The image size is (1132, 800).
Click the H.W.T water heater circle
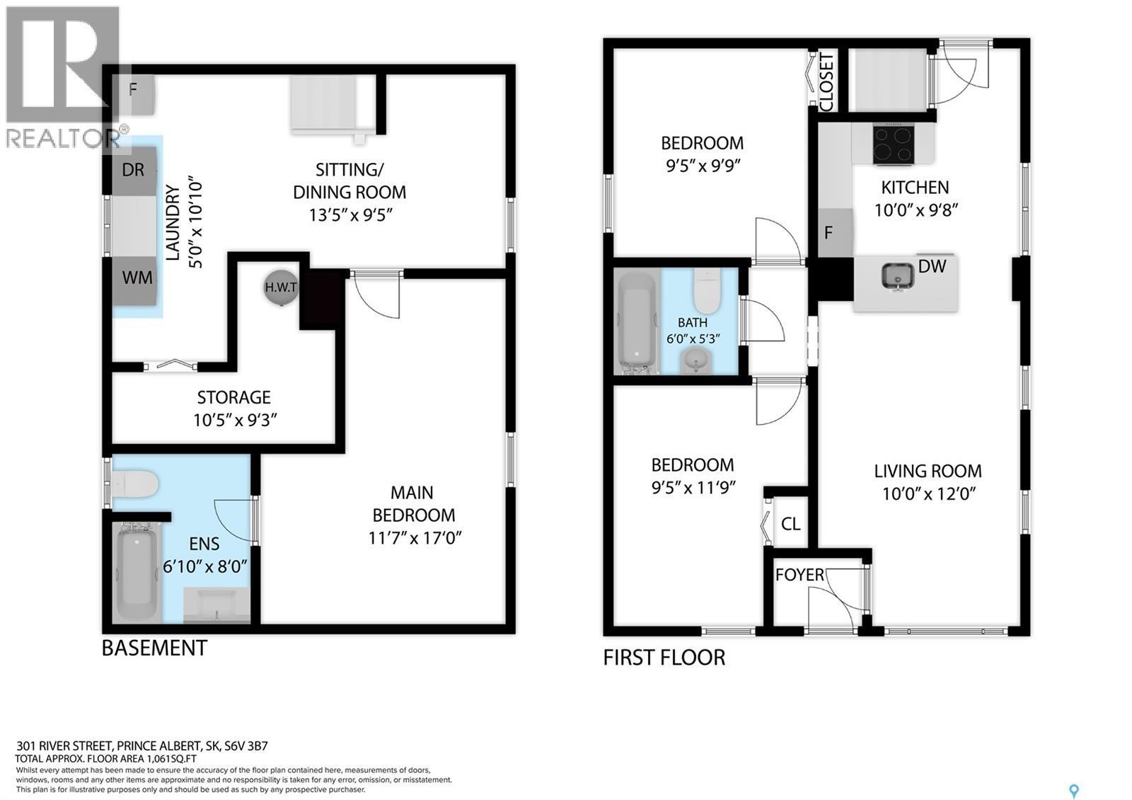coord(281,287)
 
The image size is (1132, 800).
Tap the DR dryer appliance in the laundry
coord(133,171)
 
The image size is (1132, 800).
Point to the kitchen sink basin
coord(897,276)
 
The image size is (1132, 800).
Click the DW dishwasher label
coord(932,266)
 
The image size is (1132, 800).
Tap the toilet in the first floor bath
coord(706,290)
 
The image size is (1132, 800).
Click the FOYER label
coord(799,574)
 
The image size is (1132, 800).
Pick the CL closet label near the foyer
coord(790,524)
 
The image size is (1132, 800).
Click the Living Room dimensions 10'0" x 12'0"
coord(928,493)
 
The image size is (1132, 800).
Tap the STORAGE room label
coord(233,397)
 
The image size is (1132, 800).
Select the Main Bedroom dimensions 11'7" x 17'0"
coord(415,538)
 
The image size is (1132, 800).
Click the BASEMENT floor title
coord(154,648)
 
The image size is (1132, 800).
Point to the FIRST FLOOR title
coord(664,658)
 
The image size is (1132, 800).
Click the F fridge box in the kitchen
coord(829,232)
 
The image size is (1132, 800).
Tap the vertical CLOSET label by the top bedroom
coord(826,82)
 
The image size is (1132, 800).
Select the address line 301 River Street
coord(141,745)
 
